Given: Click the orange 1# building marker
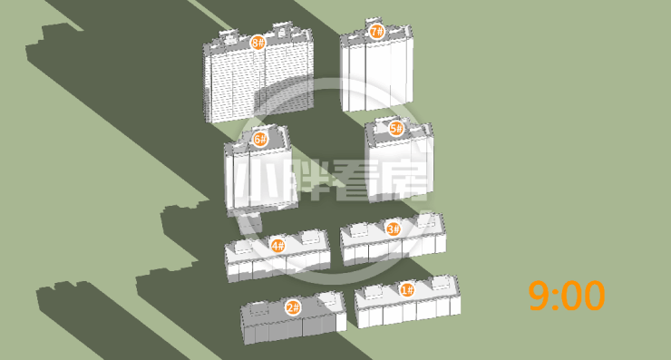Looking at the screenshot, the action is coord(407,290).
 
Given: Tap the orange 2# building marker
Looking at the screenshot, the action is coord(293,307).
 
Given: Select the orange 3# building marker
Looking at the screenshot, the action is coord(394,229).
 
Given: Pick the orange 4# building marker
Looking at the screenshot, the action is coord(277,246).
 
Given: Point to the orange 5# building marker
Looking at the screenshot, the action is coord(396,128).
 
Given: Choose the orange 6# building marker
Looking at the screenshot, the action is coord(260,139).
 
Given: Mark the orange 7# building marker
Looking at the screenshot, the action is coord(377,31).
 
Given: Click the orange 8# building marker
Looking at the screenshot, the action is coord(258,43).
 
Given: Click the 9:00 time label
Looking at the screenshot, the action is coord(567,296).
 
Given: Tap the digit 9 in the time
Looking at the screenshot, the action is coord(539,296).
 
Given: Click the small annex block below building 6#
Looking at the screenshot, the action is coord(250,222).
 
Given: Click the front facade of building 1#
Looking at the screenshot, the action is coord(409,310).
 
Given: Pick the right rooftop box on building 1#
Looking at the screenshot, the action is coord(440,283).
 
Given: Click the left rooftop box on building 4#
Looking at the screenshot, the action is coord(241,247).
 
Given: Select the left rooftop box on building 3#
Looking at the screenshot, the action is coord(359,230).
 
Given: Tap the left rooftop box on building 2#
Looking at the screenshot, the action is coord(259,308).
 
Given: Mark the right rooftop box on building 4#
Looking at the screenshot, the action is coord(310,238).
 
